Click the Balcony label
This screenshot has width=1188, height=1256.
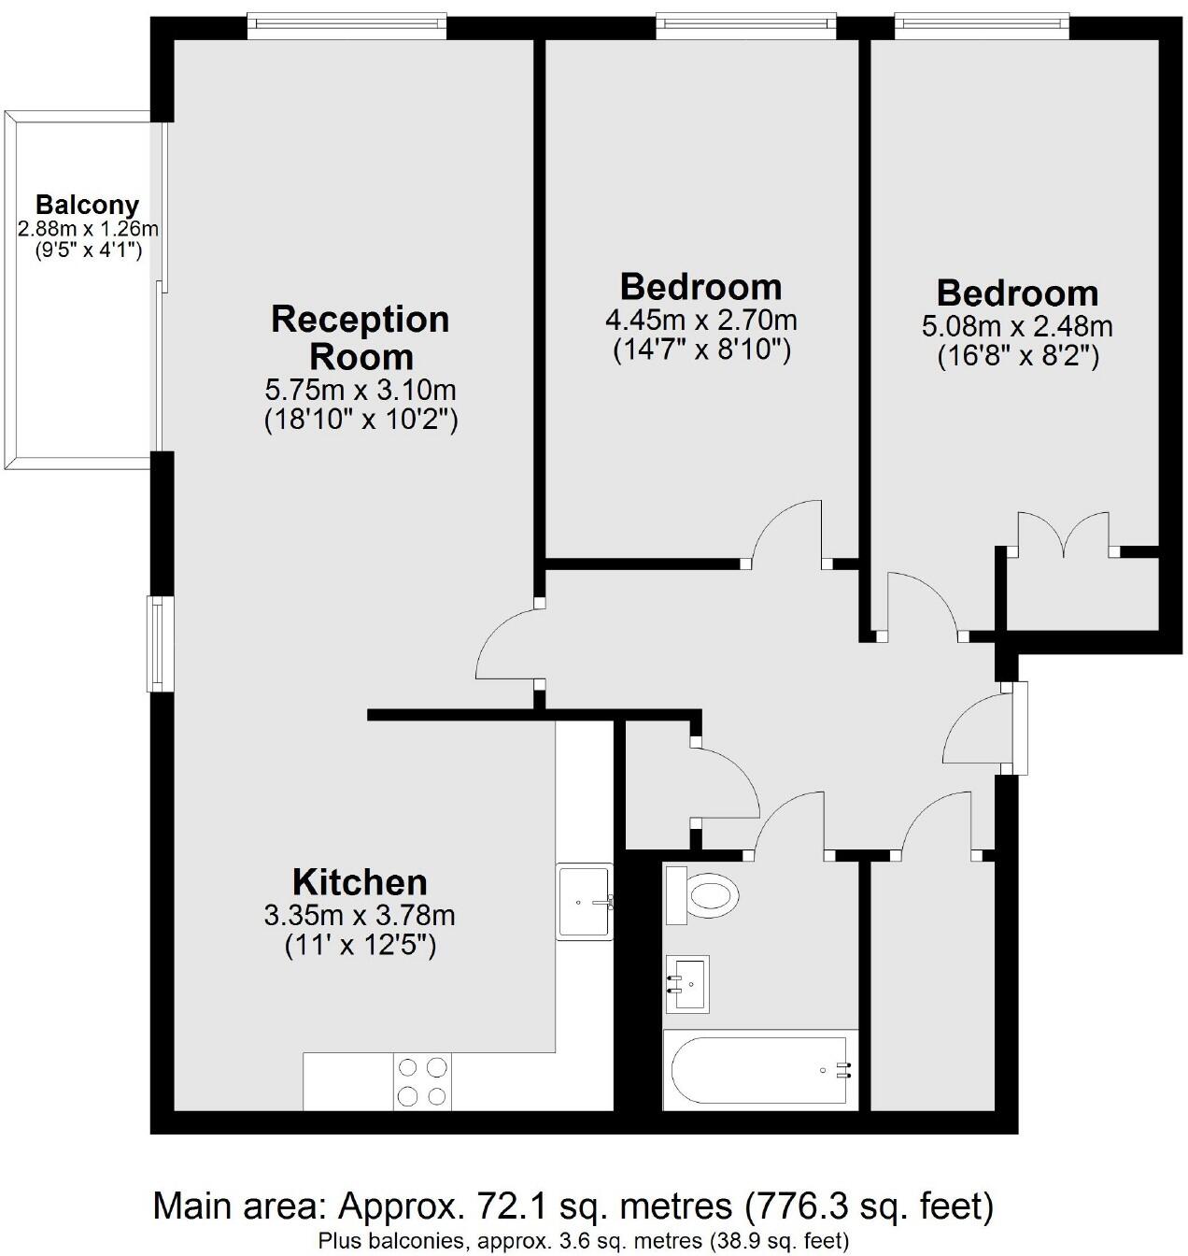(87, 205)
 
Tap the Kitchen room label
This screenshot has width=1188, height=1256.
(360, 882)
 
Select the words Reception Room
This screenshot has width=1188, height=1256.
(361, 337)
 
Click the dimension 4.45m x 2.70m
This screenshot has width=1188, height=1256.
(701, 321)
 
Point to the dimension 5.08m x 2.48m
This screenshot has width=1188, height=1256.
(1017, 327)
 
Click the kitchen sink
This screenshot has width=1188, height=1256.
(585, 902)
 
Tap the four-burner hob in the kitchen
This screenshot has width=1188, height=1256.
(422, 1081)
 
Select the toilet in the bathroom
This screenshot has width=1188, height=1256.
(702, 895)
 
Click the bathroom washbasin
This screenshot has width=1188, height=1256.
(686, 983)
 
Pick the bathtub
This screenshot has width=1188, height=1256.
(759, 1069)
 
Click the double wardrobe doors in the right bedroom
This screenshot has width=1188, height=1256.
(1063, 534)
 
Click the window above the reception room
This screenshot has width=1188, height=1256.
(346, 25)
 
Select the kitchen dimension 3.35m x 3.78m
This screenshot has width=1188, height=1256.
(360, 914)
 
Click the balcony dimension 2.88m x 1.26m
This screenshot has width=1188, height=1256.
(87, 228)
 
